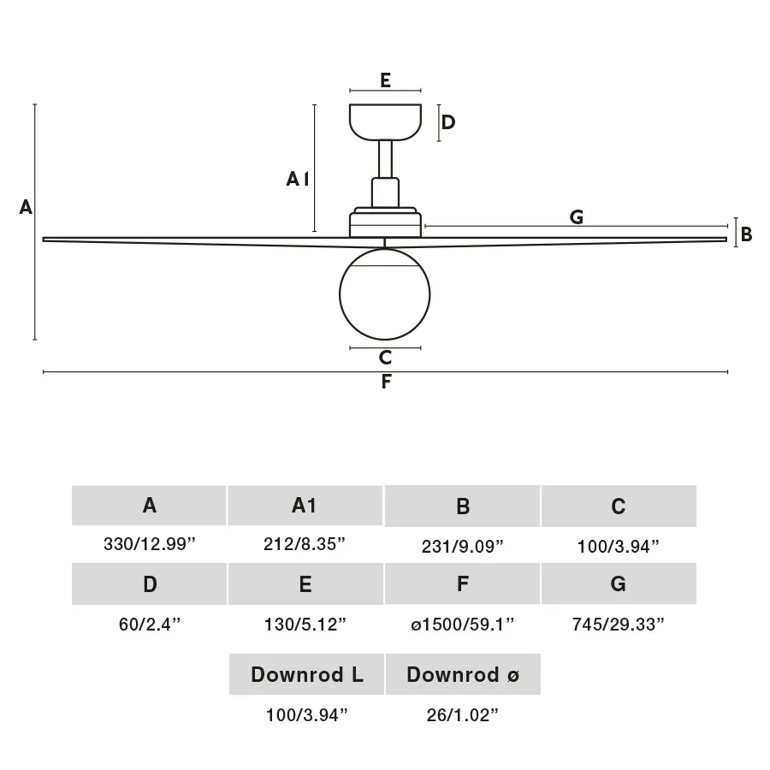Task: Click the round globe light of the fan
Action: click(385, 293)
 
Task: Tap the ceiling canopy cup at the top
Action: click(386, 121)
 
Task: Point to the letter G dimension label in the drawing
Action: click(577, 217)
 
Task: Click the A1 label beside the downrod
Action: click(297, 179)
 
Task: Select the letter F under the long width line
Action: click(386, 382)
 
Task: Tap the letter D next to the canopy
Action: click(447, 122)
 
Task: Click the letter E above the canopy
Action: click(386, 80)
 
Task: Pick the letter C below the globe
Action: click(385, 358)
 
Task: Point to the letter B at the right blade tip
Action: click(746, 234)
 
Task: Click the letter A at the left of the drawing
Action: click(26, 207)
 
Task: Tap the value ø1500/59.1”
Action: click(462, 625)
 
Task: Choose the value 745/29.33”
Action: click(618, 625)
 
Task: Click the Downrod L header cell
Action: click(306, 674)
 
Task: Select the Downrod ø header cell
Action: click(462, 674)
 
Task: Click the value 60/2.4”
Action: click(150, 625)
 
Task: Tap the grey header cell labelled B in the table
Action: click(462, 506)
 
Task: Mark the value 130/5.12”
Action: click(305, 625)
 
